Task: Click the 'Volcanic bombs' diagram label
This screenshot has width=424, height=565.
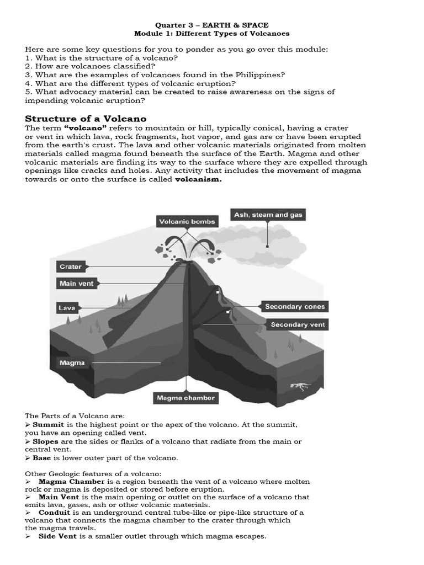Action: [187, 222]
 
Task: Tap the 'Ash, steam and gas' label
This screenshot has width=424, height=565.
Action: [268, 215]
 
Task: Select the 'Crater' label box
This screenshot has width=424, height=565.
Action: [70, 266]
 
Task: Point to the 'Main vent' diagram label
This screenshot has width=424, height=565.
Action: [77, 284]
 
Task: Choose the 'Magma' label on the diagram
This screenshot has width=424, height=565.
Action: [72, 363]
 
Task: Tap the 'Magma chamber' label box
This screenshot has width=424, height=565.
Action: [185, 397]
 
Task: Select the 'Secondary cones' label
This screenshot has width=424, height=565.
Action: [295, 307]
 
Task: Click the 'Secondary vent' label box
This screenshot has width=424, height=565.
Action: [298, 324]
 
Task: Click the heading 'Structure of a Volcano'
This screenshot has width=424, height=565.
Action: [86, 119]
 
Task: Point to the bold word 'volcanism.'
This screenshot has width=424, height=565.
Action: [198, 179]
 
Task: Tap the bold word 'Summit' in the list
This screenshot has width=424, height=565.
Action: [49, 424]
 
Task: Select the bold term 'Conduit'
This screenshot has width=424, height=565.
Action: [54, 512]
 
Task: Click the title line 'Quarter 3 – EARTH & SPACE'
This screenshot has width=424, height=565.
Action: [211, 25]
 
